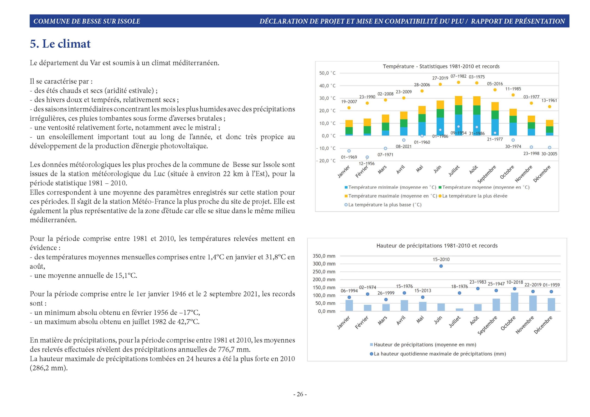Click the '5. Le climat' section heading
coord(60,44)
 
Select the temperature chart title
coord(441,67)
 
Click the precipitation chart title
coord(437,246)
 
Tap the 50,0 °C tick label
coord(327,73)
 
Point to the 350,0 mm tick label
coord(324,256)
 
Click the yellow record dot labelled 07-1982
coord(458,82)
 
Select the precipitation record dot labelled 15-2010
coord(441,266)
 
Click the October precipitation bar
coord(514,302)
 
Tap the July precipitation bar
coord(460,310)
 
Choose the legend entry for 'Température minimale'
coord(390,187)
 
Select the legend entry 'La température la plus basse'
coord(383,205)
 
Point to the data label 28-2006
coord(422,85)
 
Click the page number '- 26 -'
coord(300,394)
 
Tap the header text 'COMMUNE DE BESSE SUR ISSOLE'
coord(87,21)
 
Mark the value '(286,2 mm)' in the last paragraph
coord(49,368)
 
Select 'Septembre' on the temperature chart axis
coord(487,174)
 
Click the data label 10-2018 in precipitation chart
coord(514,282)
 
